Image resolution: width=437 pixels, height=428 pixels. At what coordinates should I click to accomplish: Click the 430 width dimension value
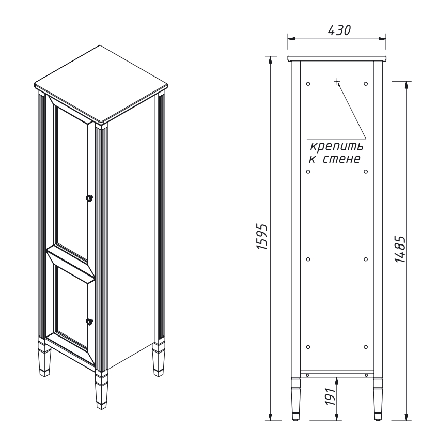tap(339, 30)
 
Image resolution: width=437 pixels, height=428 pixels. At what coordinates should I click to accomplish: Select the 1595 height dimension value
tap(262, 236)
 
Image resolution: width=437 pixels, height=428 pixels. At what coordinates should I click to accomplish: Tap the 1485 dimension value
tap(400, 249)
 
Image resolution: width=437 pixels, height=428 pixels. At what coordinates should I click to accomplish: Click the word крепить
tap(337, 146)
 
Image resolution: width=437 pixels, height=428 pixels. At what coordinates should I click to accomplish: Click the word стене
tap(341, 159)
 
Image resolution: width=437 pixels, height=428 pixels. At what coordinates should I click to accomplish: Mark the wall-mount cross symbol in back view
tap(337, 82)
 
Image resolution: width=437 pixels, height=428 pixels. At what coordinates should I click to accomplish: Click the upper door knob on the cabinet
tap(89, 197)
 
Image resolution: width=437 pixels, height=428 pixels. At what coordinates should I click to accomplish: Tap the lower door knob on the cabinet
tap(90, 321)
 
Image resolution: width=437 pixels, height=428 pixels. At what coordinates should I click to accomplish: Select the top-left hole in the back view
tap(308, 84)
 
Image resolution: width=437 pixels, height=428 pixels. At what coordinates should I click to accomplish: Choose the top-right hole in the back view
tap(366, 84)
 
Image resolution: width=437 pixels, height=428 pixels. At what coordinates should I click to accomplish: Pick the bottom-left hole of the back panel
tap(308, 347)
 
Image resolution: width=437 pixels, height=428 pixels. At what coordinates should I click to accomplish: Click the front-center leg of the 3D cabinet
tap(101, 391)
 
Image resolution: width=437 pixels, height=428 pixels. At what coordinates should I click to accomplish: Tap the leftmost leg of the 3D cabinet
tap(43, 358)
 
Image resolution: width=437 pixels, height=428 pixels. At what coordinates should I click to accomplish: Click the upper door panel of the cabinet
tap(71, 178)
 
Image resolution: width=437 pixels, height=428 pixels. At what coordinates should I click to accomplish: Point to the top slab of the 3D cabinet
tap(101, 84)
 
